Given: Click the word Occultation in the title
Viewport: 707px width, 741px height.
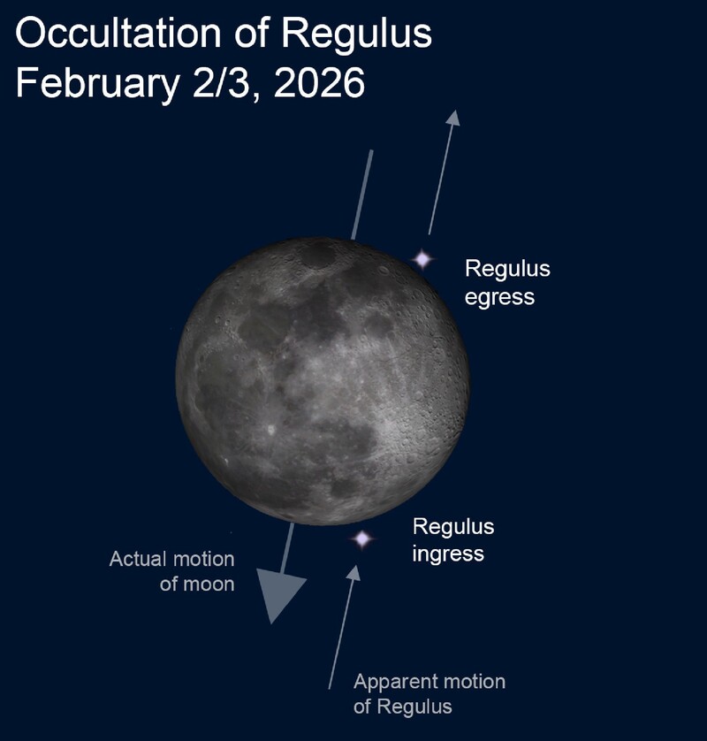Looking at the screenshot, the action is (118, 33).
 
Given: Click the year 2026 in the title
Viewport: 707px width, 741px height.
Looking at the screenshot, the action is (319, 83).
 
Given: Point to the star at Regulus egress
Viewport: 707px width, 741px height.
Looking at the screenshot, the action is (422, 259).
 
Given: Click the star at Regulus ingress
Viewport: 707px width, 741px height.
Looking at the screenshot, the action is (362, 539).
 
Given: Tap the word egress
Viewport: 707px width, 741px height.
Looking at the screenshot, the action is (499, 298).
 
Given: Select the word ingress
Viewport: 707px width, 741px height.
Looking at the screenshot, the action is (448, 554).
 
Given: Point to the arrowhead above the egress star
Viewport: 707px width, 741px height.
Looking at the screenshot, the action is (452, 118).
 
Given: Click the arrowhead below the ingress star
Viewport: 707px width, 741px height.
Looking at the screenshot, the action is (353, 573).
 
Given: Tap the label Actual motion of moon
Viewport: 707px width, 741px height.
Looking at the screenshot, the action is (172, 571).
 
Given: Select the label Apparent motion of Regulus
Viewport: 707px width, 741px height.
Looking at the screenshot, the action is (430, 694).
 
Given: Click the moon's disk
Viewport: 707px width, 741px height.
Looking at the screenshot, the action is (323, 381).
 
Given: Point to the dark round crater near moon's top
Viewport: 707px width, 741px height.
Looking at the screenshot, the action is (317, 256).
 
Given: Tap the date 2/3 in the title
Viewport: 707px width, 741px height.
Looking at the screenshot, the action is (221, 83).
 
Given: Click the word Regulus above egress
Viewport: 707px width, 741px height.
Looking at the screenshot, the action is (507, 269).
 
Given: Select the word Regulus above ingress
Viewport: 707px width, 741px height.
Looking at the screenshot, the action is (453, 526).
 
